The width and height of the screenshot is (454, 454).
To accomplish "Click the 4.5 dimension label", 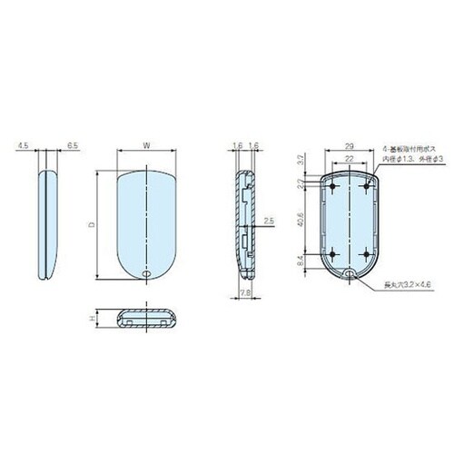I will (22, 143).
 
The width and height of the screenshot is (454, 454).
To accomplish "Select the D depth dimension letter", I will (91, 222).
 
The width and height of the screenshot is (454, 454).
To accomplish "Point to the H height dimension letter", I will (93, 319).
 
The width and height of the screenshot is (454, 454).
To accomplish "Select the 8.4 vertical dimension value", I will (301, 261).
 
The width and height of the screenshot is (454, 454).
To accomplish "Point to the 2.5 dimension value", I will (269, 221).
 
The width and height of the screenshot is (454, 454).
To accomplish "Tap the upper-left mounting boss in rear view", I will (333, 185).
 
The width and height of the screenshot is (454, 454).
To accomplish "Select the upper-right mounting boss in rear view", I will (365, 185).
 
